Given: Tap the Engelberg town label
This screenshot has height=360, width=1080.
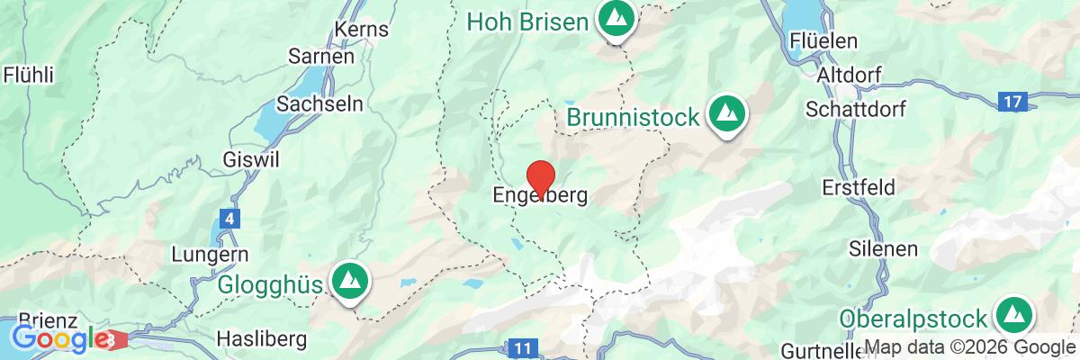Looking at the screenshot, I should (540, 194).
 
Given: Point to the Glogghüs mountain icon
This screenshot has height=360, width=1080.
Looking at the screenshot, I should (347, 282).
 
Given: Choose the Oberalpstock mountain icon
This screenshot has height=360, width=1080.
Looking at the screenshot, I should (1013, 316).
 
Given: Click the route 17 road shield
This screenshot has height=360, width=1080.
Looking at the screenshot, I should (1012, 102).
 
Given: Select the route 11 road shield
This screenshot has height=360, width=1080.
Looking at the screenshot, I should (521, 347).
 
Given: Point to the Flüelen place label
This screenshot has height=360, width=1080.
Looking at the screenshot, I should (823, 42).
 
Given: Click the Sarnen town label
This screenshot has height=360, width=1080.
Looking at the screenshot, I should (320, 56).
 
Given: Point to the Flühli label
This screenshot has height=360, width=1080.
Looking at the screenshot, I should (28, 74).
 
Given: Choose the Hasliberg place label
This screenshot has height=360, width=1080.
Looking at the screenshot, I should (262, 339).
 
